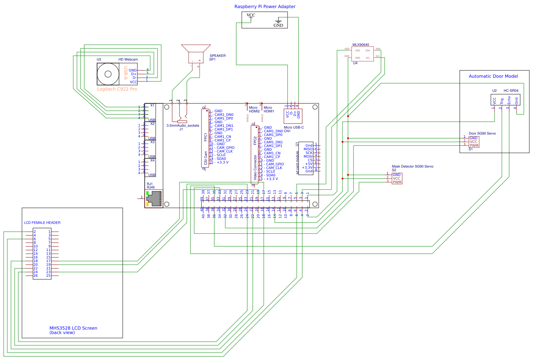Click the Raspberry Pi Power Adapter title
(265, 7)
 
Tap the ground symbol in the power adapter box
(278, 22)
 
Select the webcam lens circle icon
(108, 74)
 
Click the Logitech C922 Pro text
(117, 89)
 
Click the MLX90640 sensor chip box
(363, 54)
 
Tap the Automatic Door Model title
(493, 76)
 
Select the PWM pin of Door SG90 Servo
(474, 146)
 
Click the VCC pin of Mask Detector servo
(397, 179)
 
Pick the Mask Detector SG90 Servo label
(412, 166)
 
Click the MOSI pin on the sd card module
(308, 157)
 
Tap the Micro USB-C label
(294, 128)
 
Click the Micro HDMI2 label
(254, 110)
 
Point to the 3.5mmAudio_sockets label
(183, 125)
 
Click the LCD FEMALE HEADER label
(42, 223)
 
